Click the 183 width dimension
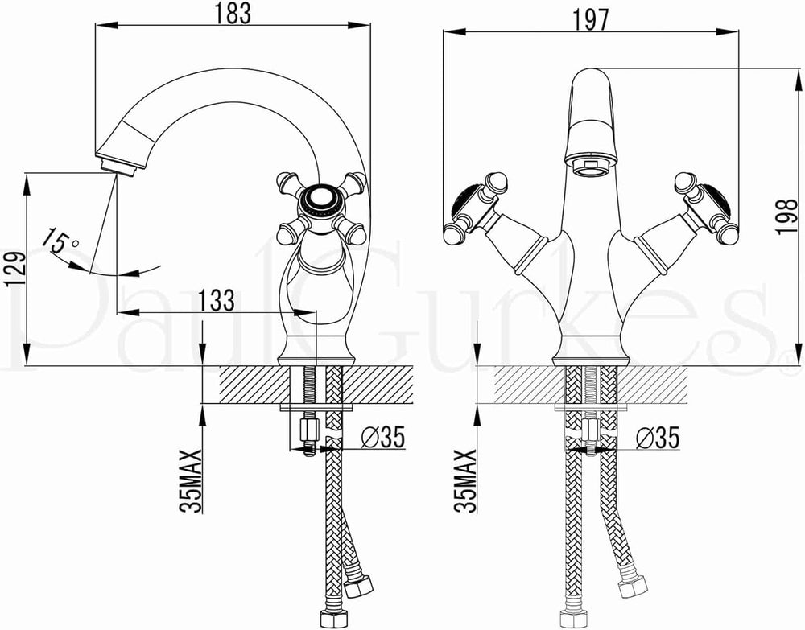click(233, 13)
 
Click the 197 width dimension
click(590, 19)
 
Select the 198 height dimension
click(788, 216)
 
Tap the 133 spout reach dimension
click(216, 300)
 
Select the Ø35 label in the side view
click(383, 437)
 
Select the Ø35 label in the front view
click(658, 438)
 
